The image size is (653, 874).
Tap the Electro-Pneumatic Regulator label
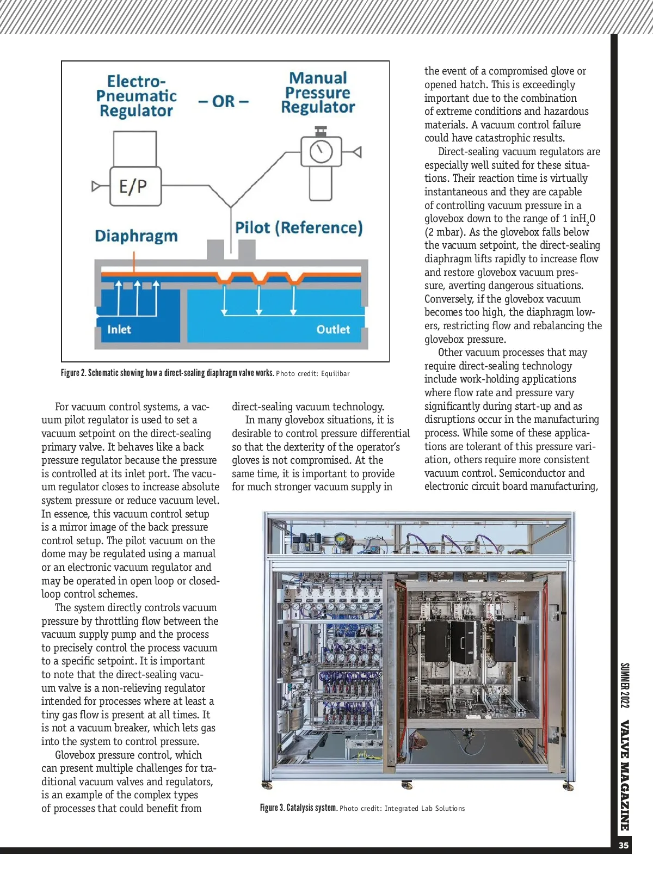pos(136,96)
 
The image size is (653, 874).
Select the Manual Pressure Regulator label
pos(318,93)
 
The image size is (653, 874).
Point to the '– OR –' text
pos(223,101)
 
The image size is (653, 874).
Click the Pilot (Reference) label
pos(299,227)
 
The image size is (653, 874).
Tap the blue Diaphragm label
pos(136,236)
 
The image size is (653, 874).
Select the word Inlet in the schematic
pos(119,329)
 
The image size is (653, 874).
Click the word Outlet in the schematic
pos(333,329)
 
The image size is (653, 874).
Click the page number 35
pos(624,845)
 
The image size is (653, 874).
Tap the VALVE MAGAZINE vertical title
pos(625,775)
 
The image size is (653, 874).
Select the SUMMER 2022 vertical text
pos(625,685)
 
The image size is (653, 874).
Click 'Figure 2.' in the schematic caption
pos(73,373)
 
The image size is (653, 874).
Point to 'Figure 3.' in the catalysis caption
pos(272,808)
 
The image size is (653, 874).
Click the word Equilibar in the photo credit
pos(335,374)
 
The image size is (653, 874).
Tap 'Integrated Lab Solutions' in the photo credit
pos(424,809)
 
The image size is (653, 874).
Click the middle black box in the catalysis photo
pos(463,642)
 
